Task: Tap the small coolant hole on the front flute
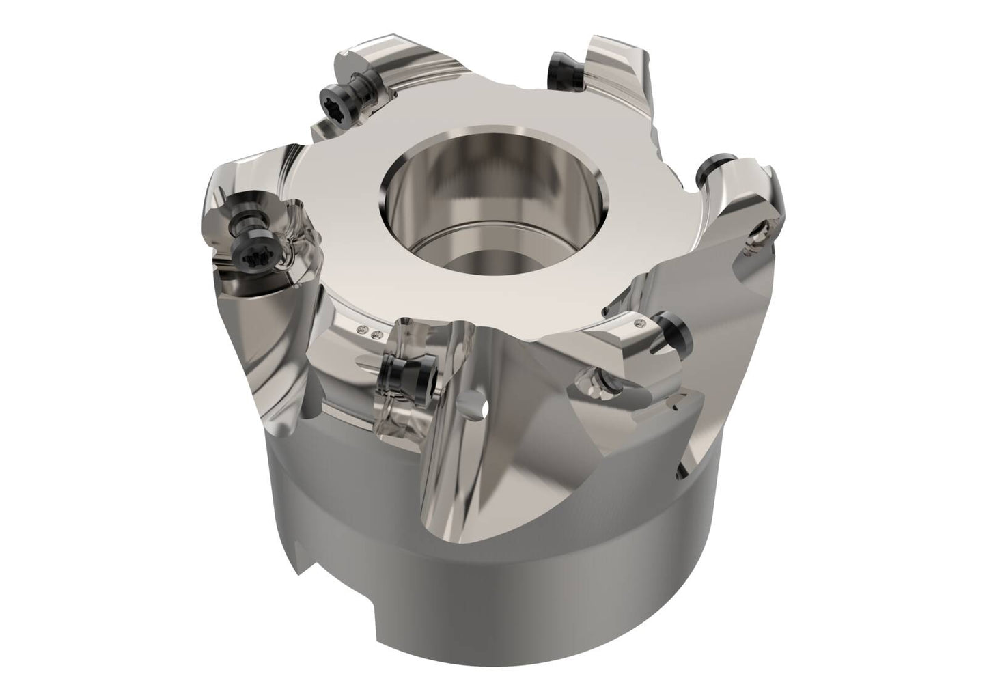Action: click(x=486, y=409)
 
